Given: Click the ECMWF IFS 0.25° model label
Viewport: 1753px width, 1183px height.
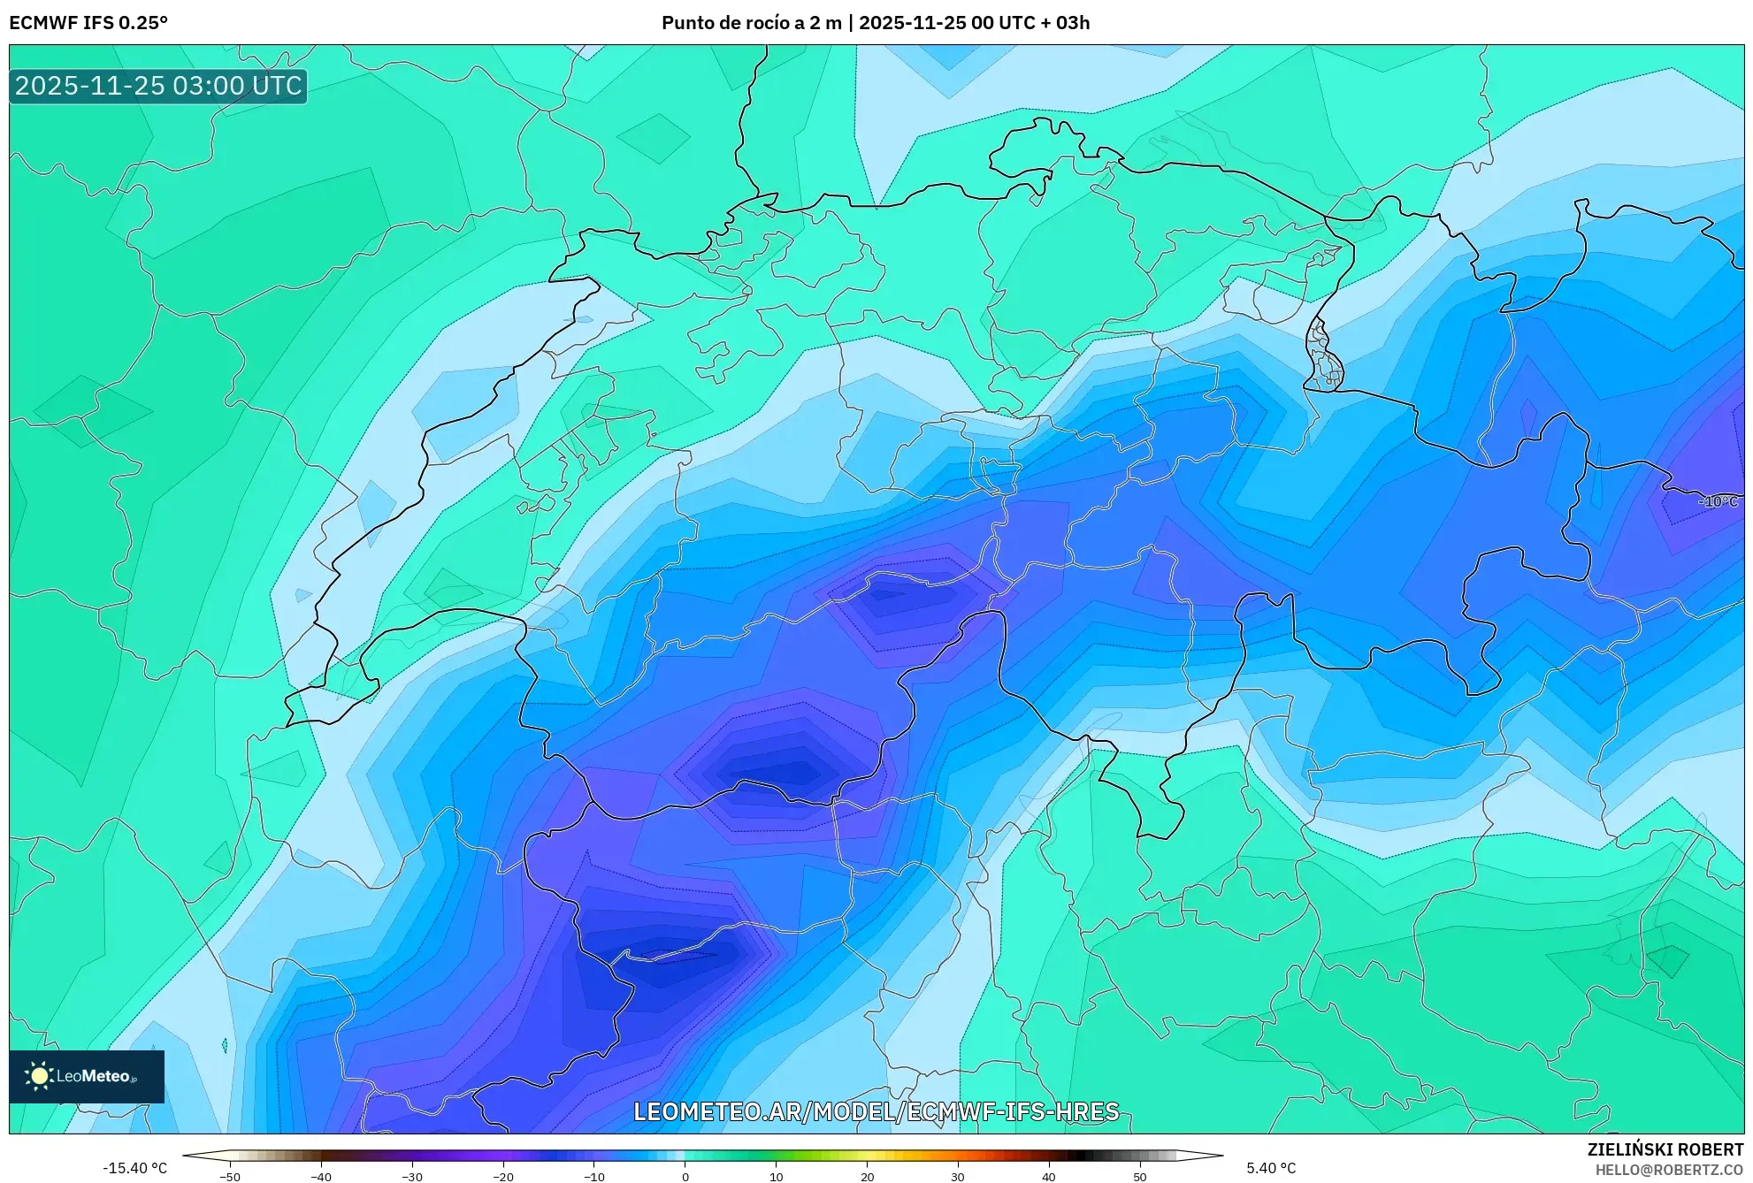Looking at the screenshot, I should pos(88,23).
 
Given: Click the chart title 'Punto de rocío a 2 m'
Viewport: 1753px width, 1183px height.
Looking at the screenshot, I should pos(751,23).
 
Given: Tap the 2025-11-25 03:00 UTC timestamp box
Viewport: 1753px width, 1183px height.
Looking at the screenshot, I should pos(158,87).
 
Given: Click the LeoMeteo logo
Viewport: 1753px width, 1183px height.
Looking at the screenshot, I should pos(87,1076).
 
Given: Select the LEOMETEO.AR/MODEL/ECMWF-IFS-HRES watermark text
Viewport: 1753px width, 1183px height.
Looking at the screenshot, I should pos(876,1111).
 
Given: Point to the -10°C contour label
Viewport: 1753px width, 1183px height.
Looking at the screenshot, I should pos(1718,501).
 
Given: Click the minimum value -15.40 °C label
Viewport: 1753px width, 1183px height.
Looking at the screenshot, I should pos(134,1168).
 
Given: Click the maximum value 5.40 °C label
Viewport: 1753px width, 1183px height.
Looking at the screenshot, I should pos(1271,1168).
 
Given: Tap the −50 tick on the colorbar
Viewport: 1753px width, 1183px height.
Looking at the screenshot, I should pos(230,1176).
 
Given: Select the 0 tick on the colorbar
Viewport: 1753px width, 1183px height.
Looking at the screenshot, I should pos(685,1176).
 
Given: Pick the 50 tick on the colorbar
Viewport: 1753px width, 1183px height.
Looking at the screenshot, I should pos(1140,1176).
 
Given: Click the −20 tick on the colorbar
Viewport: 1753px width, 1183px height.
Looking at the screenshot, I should pos(503,1176).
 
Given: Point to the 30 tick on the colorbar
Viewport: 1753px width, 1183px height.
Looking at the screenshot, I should pos(958,1176).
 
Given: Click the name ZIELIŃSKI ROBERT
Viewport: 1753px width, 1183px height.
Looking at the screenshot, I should pos(1665,1149).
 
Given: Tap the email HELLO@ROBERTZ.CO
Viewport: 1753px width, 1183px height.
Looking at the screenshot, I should pos(1669,1170).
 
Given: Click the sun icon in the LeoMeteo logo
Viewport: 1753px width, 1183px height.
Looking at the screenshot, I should pos(39,1076).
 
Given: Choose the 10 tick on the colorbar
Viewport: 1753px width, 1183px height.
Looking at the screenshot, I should pos(777,1176).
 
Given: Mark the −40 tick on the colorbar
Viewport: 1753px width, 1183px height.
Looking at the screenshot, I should pos(321,1176).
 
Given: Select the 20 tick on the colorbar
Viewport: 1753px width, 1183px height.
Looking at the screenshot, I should pos(868,1176).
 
